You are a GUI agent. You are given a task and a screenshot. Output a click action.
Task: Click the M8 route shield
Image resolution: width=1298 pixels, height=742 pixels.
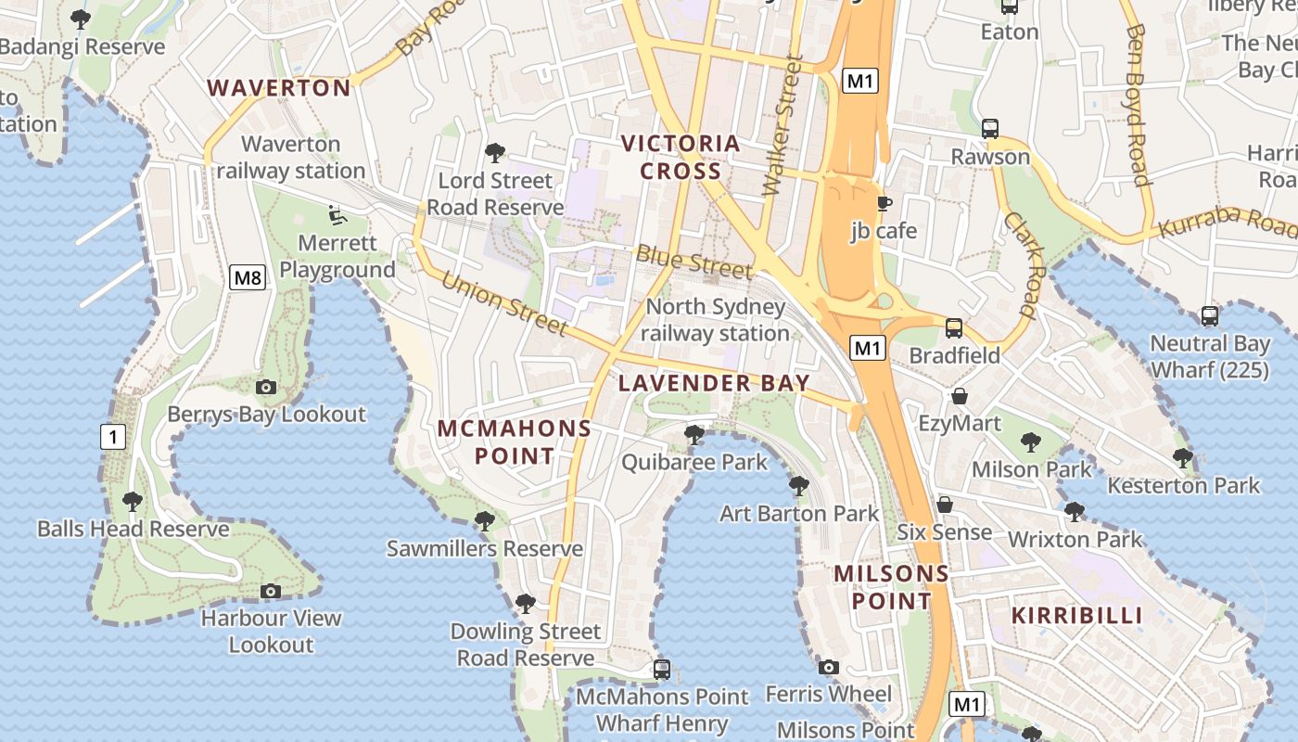[248, 276]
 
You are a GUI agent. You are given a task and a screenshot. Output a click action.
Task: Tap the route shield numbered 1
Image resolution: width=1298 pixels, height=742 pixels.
[113, 437]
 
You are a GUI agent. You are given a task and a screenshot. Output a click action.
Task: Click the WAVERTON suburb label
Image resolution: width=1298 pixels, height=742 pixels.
[278, 88]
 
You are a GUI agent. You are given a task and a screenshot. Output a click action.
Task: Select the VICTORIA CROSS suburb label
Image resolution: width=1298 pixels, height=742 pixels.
[681, 157]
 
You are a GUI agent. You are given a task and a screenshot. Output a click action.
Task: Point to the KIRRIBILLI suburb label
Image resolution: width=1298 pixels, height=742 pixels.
[1076, 615]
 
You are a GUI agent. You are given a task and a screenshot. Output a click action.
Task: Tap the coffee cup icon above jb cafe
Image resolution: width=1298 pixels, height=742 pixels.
[884, 203]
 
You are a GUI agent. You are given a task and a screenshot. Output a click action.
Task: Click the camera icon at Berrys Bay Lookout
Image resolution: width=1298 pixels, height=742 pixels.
[266, 387]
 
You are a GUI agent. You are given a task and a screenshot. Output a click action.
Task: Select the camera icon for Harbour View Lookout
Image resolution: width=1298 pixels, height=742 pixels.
[271, 591]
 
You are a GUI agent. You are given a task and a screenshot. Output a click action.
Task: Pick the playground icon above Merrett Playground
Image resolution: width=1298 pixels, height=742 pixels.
[337, 215]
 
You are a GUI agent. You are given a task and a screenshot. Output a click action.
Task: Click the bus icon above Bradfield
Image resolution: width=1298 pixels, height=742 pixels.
[954, 327]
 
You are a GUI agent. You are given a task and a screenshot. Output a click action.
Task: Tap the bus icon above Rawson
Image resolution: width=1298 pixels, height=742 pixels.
[990, 128]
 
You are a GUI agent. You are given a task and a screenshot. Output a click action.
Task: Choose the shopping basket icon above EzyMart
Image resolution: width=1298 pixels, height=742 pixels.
[960, 396]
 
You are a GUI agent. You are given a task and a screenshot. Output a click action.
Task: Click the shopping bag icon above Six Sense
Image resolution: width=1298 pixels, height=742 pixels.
[945, 505]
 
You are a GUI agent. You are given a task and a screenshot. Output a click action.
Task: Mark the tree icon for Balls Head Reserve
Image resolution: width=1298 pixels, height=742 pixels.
[133, 502]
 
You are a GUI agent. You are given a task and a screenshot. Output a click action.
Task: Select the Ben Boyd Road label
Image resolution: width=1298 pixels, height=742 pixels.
[1138, 105]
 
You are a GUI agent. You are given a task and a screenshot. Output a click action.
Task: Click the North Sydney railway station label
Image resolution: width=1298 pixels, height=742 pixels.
[715, 320]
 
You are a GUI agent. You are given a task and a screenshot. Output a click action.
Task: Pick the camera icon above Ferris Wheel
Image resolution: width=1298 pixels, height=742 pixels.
[829, 667]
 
